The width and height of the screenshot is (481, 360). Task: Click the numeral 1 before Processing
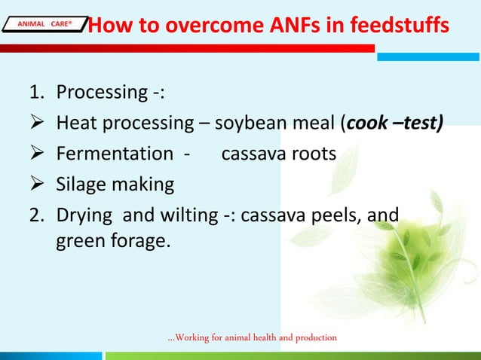point(35,93)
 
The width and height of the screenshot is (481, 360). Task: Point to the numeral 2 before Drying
point(35,215)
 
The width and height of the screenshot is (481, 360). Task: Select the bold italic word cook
point(366,124)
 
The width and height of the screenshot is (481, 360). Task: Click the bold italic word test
point(418,124)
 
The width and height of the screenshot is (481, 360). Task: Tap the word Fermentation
point(115,154)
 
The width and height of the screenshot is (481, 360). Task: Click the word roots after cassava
point(312,154)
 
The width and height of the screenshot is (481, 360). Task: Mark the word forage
point(140,243)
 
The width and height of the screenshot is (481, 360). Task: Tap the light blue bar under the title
point(428,56)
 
